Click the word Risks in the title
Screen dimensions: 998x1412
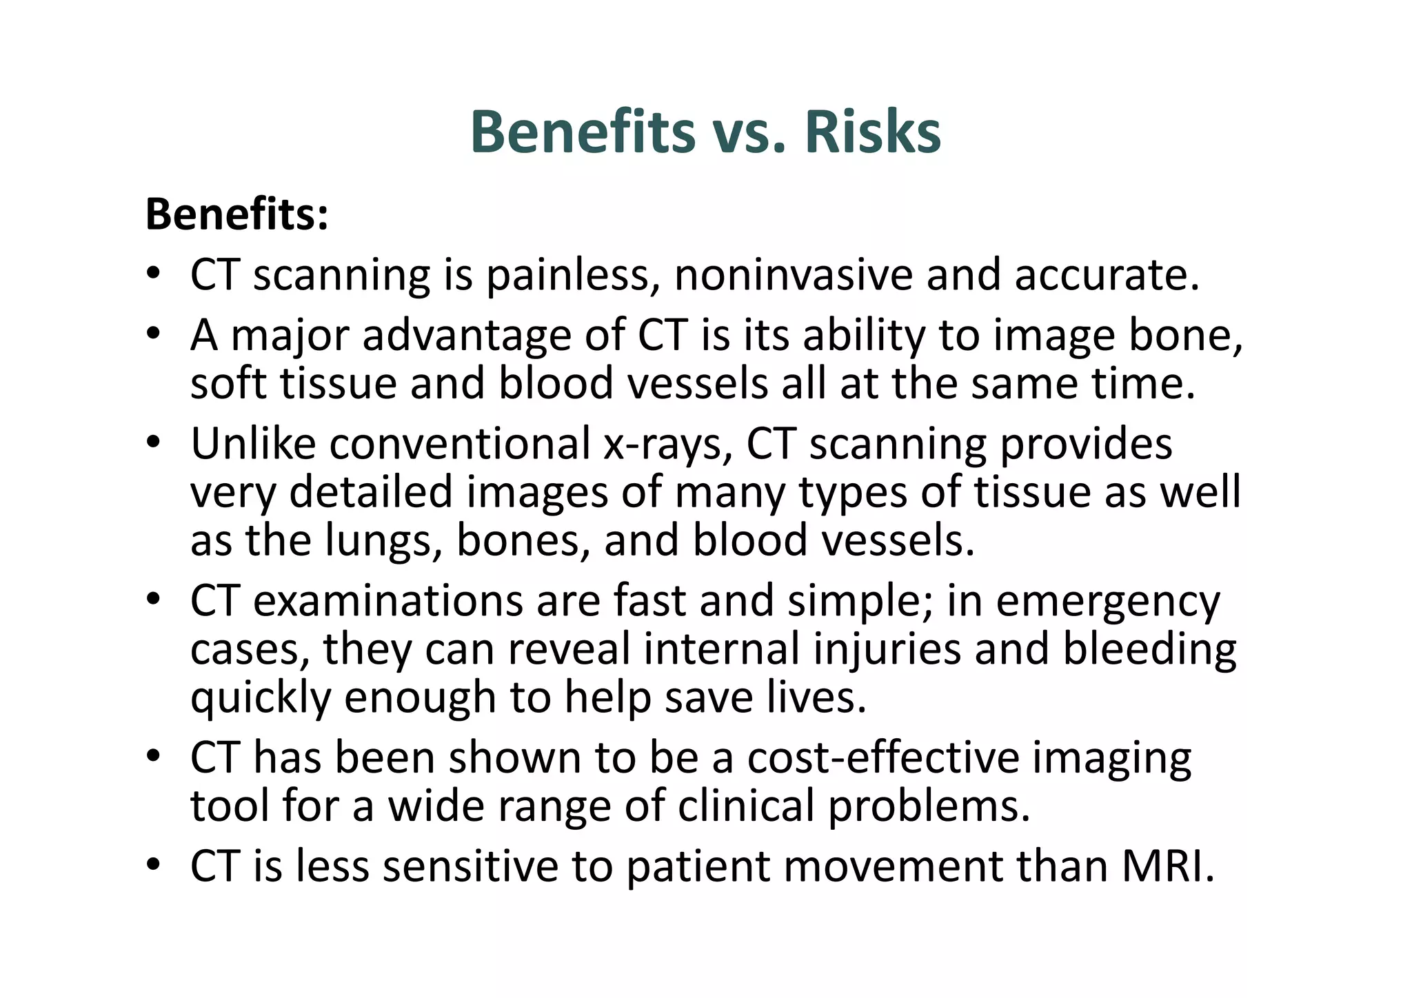click(x=872, y=132)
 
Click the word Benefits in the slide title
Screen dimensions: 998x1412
click(x=583, y=132)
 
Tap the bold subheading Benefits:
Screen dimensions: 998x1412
click(x=237, y=214)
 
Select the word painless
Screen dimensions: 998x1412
click(x=567, y=276)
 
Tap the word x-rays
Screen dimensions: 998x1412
click(x=666, y=445)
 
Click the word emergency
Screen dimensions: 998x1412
click(x=1108, y=602)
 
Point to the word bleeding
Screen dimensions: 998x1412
click(x=1149, y=649)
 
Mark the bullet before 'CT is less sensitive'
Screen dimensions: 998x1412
click(x=153, y=865)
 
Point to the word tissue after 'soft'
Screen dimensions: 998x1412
click(x=338, y=384)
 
